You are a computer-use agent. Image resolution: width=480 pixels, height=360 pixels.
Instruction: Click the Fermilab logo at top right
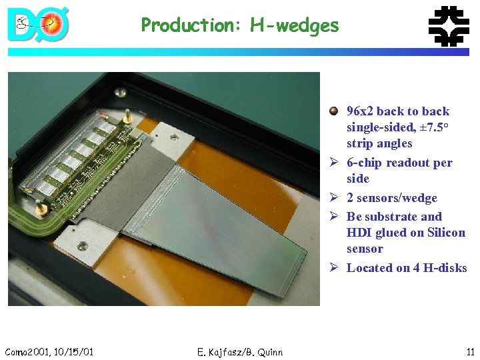tap(447, 26)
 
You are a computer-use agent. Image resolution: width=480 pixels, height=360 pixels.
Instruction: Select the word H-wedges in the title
tap(295, 26)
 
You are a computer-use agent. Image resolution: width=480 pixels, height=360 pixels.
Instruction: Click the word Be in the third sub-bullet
tap(355, 217)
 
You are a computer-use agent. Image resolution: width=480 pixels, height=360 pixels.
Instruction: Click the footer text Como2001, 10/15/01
tap(49, 351)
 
